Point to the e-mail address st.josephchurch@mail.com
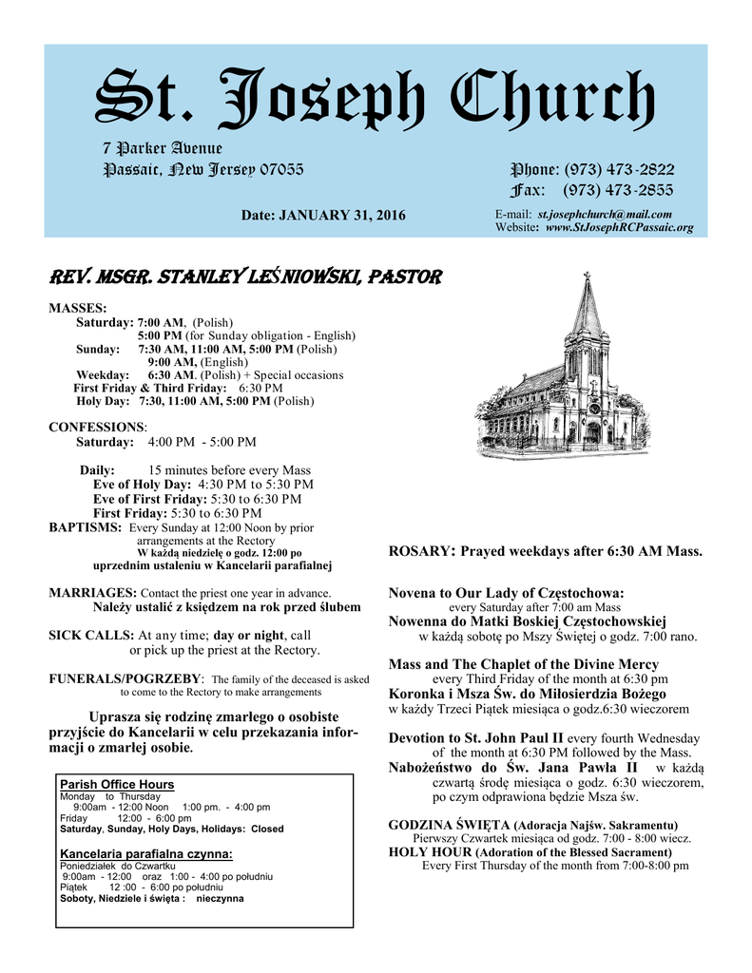point(605,215)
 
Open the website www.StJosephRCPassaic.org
point(619,228)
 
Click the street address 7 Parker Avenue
point(162,149)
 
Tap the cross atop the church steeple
point(587,277)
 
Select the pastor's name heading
point(245,277)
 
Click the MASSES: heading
point(78,309)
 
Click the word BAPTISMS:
point(85,527)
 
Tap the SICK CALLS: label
point(91,634)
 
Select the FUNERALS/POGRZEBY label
point(125,678)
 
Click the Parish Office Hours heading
point(117,784)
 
